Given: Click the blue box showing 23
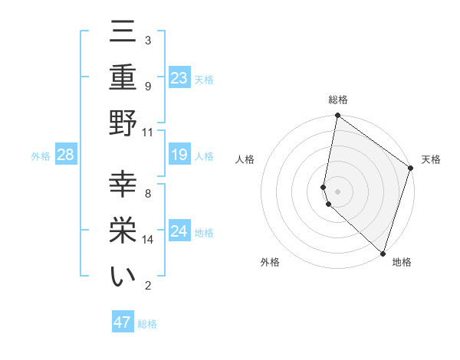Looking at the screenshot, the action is pyautogui.click(x=179, y=78).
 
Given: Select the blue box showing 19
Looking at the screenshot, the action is pyautogui.click(x=179, y=155).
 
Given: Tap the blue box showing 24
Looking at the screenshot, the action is pyautogui.click(x=179, y=231).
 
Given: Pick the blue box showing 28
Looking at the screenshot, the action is pyautogui.click(x=66, y=155).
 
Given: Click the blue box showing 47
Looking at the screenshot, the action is pyautogui.click(x=123, y=322).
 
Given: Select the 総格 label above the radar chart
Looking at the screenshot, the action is pyautogui.click(x=337, y=100).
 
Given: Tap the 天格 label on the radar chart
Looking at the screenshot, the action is pyautogui.click(x=431, y=159).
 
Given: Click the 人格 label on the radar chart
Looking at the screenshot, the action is pyautogui.click(x=245, y=159).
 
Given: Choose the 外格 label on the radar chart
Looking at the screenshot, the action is pyautogui.click(x=270, y=262).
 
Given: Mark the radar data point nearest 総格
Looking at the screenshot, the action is pyautogui.click(x=337, y=116).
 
